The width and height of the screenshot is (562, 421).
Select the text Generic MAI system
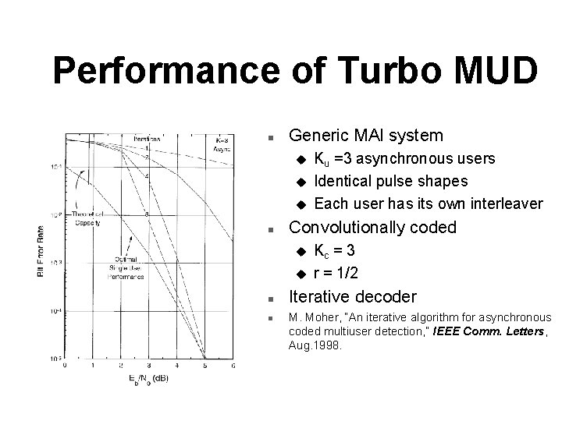pyautogui.click(x=366, y=136)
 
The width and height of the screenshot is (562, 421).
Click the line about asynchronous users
pyautogui.click(x=404, y=159)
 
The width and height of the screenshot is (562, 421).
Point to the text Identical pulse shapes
pyautogui.click(x=391, y=181)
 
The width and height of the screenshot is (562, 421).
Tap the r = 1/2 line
pyautogui.click(x=336, y=274)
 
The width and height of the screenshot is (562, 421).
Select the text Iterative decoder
pyautogui.click(x=353, y=296)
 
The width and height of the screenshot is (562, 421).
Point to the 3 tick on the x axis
pyautogui.click(x=148, y=365)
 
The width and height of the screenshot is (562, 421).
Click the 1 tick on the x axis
pyautogui.click(x=92, y=365)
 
